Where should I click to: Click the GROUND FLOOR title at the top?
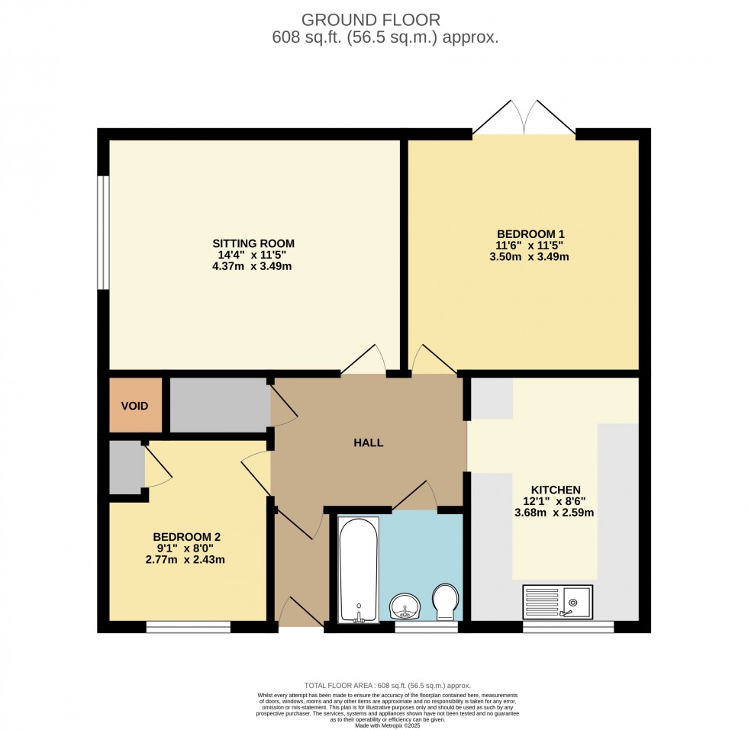pyautogui.click(x=370, y=19)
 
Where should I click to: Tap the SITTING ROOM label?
pyautogui.click(x=253, y=243)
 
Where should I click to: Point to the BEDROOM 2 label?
pyautogui.click(x=186, y=536)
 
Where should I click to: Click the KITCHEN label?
pyautogui.click(x=556, y=490)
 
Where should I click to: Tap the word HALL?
pyautogui.click(x=368, y=442)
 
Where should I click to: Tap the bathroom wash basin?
pyautogui.click(x=405, y=607)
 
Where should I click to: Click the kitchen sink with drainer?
pyautogui.click(x=557, y=602)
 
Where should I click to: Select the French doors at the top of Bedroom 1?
pyautogui.click(x=524, y=119)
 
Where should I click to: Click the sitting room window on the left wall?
pyautogui.click(x=103, y=233)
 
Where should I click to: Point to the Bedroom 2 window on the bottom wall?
pyautogui.click(x=188, y=627)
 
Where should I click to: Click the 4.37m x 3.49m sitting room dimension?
pyautogui.click(x=253, y=267)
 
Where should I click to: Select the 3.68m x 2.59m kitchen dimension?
pyautogui.click(x=554, y=513)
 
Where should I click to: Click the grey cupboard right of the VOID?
pyautogui.click(x=218, y=404)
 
